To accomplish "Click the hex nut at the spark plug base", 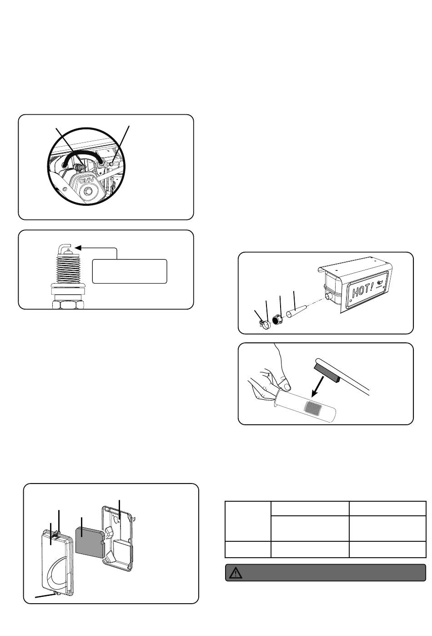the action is point(68,304).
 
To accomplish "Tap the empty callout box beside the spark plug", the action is point(130,271).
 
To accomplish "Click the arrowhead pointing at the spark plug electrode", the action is point(78,248).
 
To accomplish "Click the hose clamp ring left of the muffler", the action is point(263,324).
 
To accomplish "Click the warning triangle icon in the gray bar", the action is point(236,573).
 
